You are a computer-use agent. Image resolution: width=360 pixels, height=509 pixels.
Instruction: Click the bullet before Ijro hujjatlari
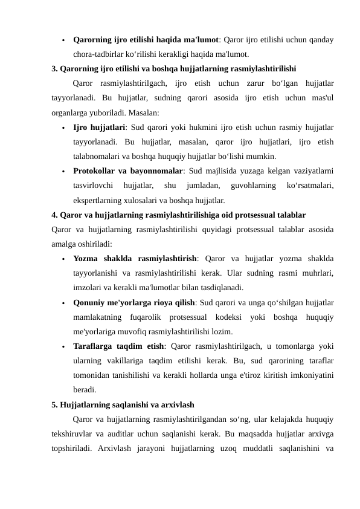pos(62,128)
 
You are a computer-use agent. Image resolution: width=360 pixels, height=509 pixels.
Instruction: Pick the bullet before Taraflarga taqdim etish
pos(62,348)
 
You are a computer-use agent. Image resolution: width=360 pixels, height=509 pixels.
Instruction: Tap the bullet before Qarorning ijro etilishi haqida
pos(62,41)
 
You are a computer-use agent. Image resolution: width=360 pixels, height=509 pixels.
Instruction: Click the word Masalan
pos(144,112)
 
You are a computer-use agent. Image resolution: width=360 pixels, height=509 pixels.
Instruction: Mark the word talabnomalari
pos(100,156)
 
